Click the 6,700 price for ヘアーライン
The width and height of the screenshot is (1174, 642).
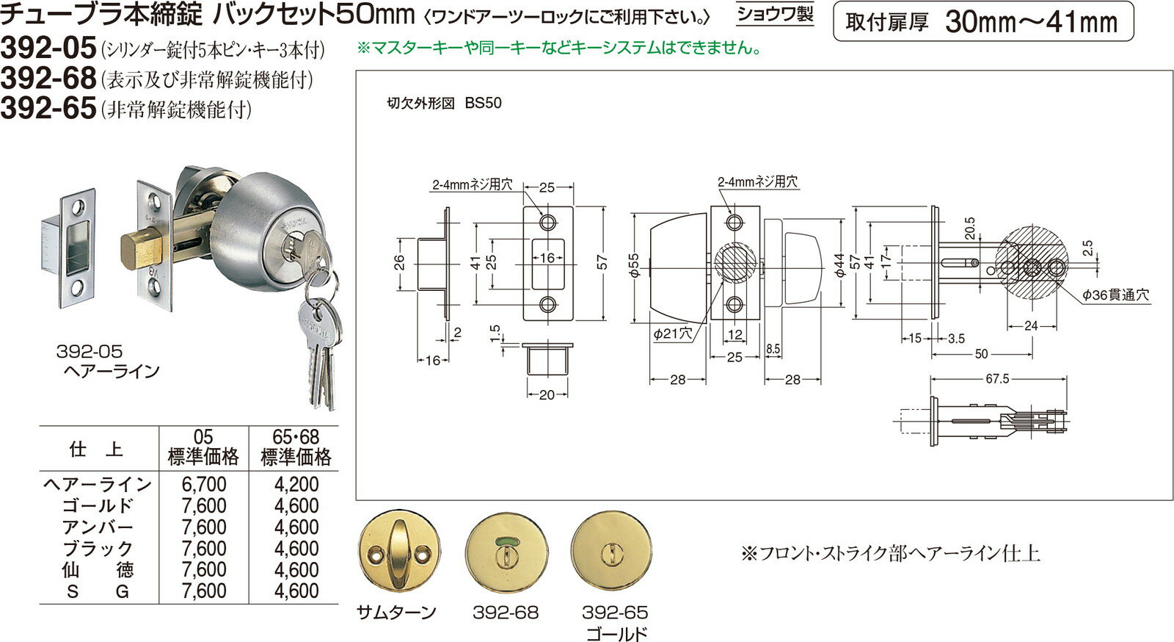[x=203, y=485]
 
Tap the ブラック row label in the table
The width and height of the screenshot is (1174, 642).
[x=98, y=549]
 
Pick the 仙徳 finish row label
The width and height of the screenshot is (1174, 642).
[x=98, y=570]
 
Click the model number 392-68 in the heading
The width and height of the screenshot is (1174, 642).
[x=48, y=78]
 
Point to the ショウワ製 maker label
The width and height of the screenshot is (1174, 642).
[x=776, y=15]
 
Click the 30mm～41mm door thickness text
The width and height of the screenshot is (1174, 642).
[x=1031, y=22]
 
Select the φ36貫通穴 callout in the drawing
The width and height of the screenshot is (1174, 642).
[x=1115, y=295]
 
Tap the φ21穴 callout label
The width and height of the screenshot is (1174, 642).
[x=673, y=333]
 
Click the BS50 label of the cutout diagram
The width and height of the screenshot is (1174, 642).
[x=483, y=103]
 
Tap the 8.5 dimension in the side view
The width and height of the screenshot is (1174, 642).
[x=773, y=350]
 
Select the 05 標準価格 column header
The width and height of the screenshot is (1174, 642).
[x=203, y=448]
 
